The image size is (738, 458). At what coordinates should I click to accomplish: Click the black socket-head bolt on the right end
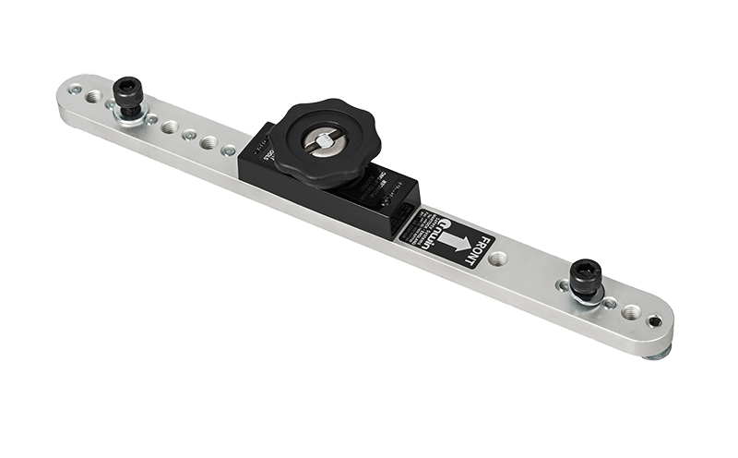[585, 278]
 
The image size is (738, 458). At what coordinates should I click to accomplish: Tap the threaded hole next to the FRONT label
[497, 259]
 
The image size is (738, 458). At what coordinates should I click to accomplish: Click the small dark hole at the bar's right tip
[654, 321]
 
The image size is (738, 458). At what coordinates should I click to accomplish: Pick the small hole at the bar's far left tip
[76, 90]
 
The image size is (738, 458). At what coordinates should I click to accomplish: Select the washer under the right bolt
[587, 295]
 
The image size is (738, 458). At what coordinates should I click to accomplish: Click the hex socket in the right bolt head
[585, 269]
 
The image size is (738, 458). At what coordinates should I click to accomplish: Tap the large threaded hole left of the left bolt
[94, 97]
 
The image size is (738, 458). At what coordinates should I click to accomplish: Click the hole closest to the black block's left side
[228, 150]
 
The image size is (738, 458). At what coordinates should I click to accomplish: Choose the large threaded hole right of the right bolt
[631, 312]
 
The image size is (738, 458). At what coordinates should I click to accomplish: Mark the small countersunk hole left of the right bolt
[563, 285]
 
